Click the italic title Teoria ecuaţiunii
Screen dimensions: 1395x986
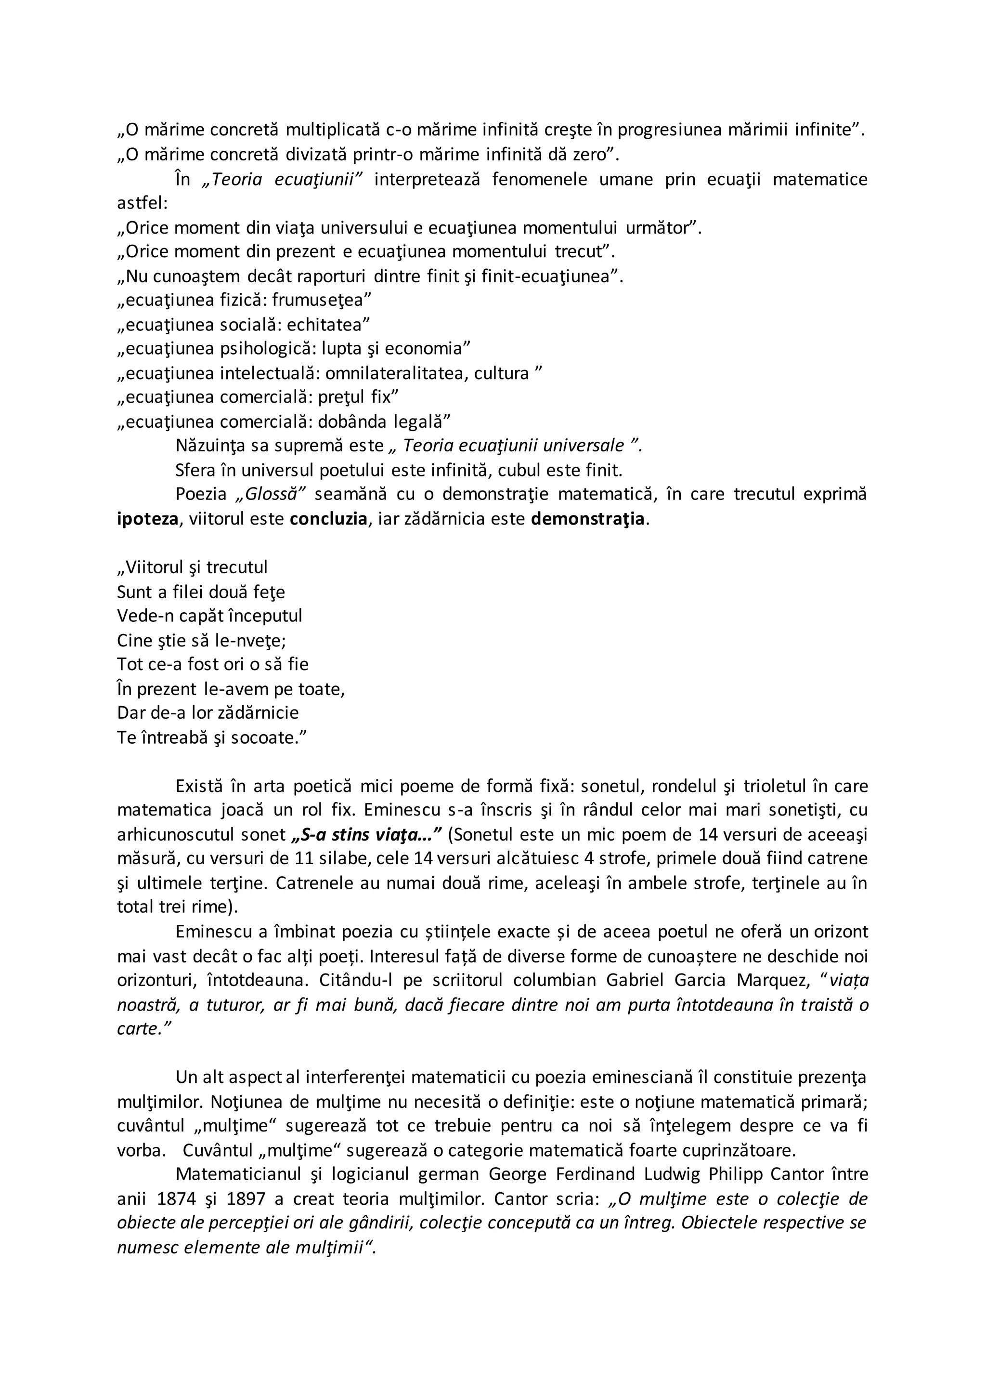pos(283,179)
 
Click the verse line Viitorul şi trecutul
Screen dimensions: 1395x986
pos(192,567)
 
